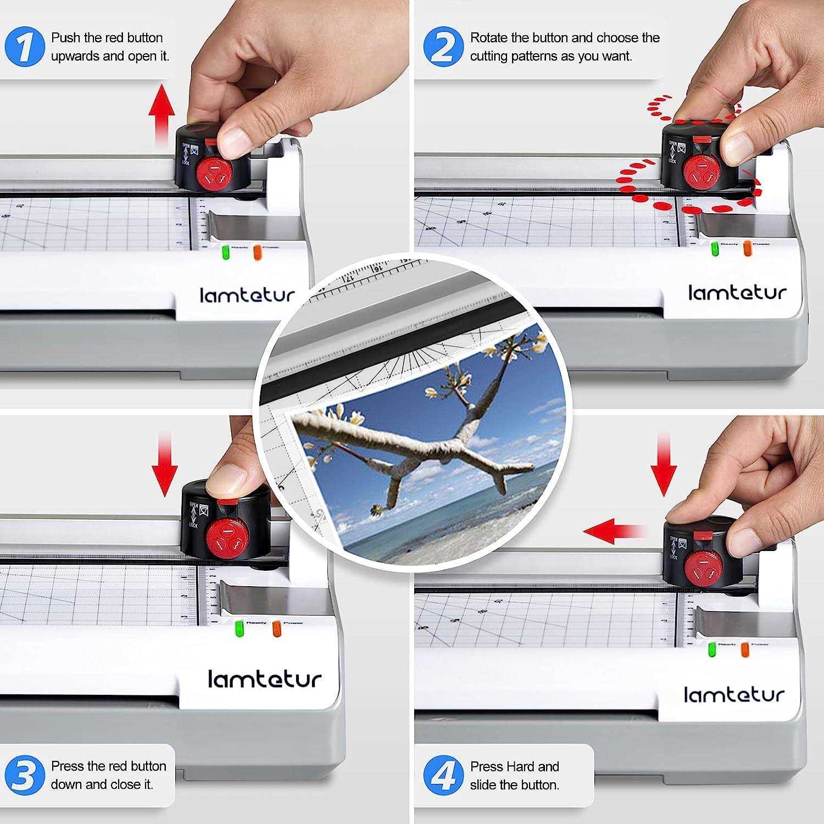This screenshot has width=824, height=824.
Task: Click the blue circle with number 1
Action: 24,47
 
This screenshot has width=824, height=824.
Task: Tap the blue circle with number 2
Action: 443,46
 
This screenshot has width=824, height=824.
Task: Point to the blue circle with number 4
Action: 443,775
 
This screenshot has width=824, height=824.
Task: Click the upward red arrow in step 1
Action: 162,113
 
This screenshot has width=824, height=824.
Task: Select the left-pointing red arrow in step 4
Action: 613,531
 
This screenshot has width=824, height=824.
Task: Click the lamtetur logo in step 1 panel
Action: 247,295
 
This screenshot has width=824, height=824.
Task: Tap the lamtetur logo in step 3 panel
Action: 264,679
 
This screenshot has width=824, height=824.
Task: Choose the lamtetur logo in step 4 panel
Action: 734,695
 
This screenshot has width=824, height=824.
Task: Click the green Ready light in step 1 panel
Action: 225,253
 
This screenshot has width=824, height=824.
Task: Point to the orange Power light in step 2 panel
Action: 747,248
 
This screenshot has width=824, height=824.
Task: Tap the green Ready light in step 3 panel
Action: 240,628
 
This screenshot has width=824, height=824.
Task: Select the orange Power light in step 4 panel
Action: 745,649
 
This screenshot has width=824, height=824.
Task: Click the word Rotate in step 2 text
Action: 488,38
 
